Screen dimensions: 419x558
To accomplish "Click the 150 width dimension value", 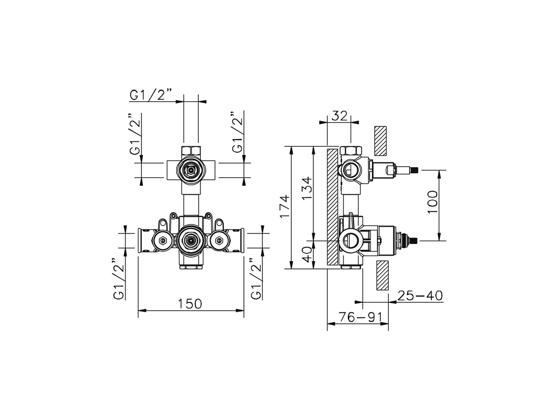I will (190, 303).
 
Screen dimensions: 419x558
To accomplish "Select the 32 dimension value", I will (340, 116).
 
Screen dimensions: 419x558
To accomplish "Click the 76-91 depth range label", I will (357, 317).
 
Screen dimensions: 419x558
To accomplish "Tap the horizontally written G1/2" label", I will (151, 95).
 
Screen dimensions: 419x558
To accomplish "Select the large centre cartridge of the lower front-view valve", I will (190, 239).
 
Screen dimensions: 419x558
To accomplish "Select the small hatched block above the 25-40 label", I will (382, 275).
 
